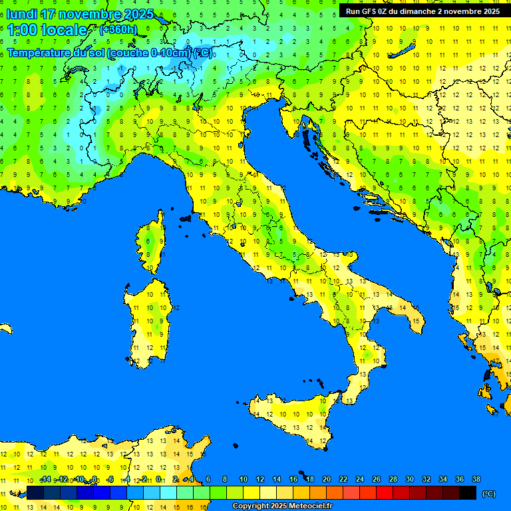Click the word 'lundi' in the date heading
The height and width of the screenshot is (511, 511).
pyautogui.click(x=23, y=14)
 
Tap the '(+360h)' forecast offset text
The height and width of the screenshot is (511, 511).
pyautogui.click(x=118, y=29)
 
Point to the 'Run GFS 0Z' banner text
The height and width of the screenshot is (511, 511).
pyautogui.click(x=373, y=11)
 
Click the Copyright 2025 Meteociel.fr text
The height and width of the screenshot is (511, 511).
pyautogui.click(x=282, y=506)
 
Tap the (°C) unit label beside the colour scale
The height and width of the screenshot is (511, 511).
pyautogui.click(x=488, y=494)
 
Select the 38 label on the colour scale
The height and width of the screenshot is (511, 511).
pyautogui.click(x=476, y=479)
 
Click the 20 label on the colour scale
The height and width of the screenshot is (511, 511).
pyautogui.click(x=326, y=479)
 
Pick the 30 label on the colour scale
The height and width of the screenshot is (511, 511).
pyautogui.click(x=409, y=479)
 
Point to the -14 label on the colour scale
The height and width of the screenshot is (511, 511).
pyautogui.click(x=45, y=479)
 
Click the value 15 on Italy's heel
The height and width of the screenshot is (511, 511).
pyautogui.click(x=416, y=321)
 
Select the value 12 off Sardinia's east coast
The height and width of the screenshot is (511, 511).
pyautogui.click(x=176, y=308)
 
